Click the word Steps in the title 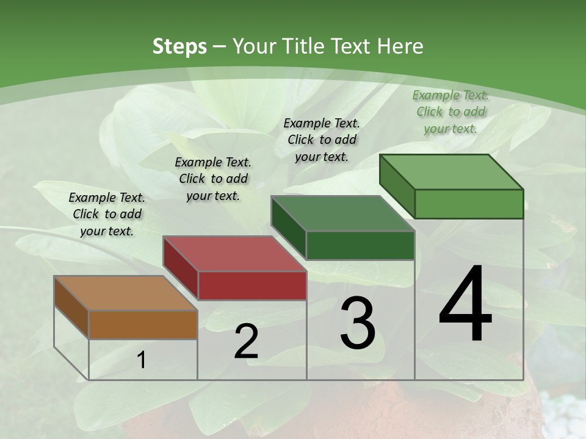[179, 46]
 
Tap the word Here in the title [400, 46]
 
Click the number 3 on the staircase [358, 324]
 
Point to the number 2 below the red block [246, 342]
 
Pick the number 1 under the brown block [142, 360]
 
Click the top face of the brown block [125, 293]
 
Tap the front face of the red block [252, 285]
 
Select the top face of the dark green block [342, 214]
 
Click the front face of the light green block [469, 204]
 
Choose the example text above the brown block [107, 214]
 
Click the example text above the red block [213, 179]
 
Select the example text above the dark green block [322, 140]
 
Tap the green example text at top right [450, 112]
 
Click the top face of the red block [234, 254]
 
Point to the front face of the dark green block [360, 246]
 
